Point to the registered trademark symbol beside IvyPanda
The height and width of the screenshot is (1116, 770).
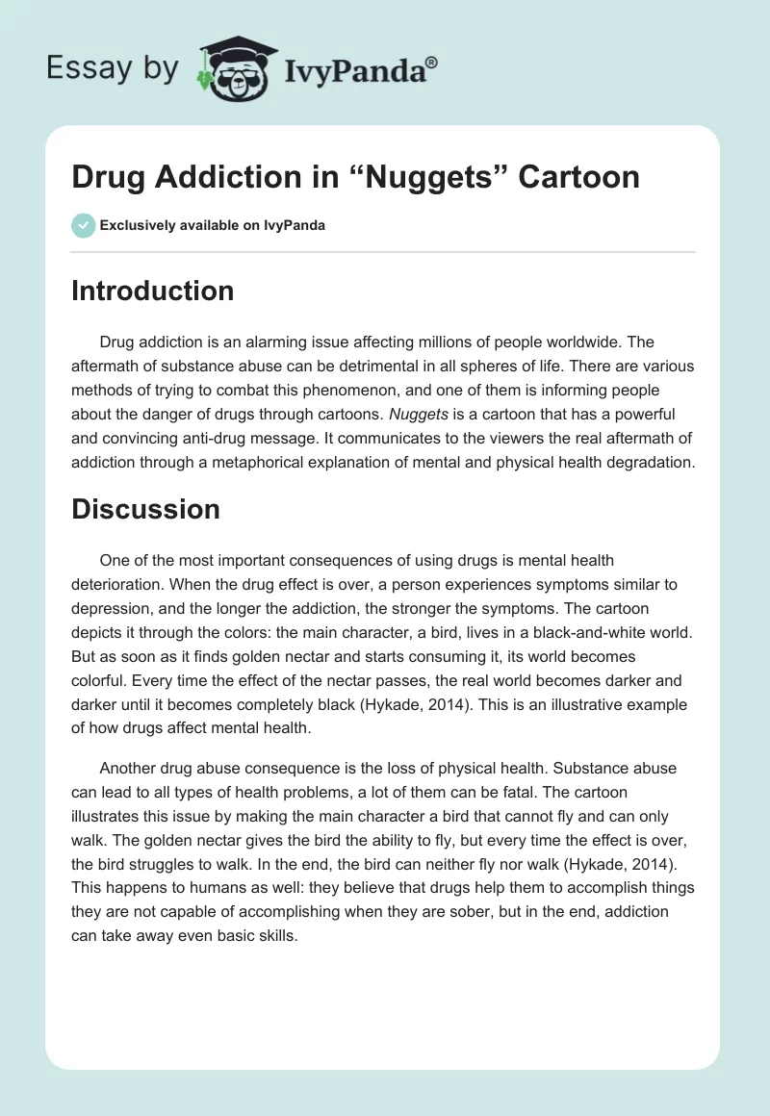click(x=432, y=62)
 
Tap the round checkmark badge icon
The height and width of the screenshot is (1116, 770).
click(x=83, y=225)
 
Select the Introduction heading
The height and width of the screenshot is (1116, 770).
click(x=152, y=291)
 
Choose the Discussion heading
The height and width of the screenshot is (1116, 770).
click(x=145, y=509)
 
